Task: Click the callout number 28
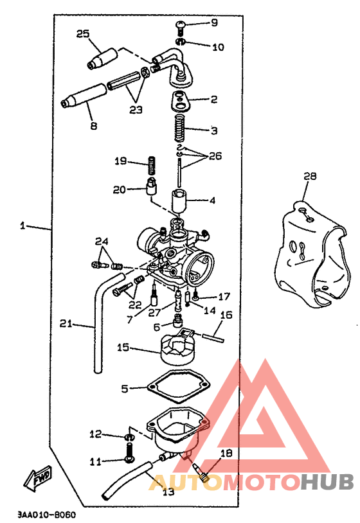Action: point(310,176)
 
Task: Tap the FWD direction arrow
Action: point(37,479)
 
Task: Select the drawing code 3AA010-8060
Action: point(47,515)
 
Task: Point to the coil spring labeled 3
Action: point(180,129)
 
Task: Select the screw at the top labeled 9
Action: point(180,28)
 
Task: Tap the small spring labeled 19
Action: point(152,165)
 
